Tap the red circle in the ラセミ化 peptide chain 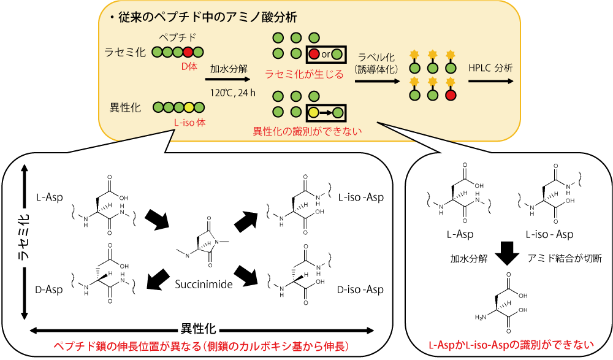point(188,52)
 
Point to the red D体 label point(188,66)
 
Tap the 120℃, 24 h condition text point(232,93)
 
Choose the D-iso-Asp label point(360,289)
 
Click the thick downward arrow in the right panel point(507,253)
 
